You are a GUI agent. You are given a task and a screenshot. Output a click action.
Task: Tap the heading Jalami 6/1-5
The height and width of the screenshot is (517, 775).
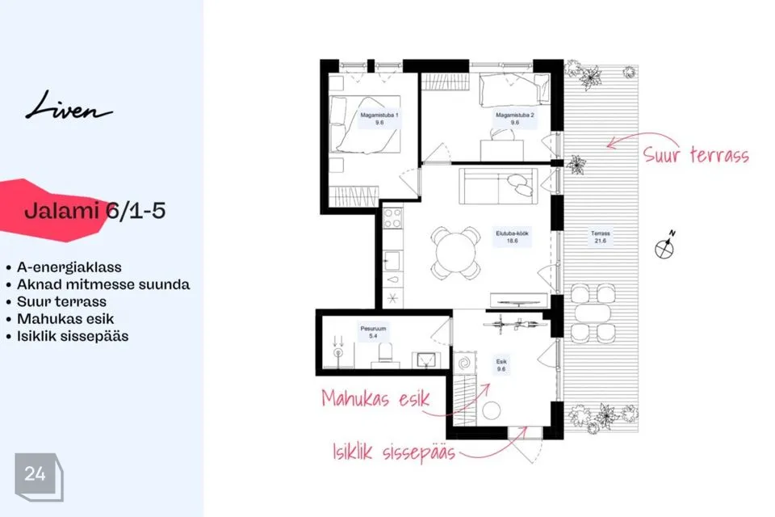(94, 211)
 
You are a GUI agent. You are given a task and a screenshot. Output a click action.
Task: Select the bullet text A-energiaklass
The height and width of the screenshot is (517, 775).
(69, 267)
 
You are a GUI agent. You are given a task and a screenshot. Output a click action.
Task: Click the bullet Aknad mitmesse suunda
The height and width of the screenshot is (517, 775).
(103, 284)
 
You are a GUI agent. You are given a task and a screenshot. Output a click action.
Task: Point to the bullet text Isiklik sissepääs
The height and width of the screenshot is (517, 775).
(73, 336)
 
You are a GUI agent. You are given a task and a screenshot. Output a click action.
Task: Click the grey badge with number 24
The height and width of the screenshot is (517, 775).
(39, 477)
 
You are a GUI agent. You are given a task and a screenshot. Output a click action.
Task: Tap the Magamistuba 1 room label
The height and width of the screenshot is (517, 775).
(379, 119)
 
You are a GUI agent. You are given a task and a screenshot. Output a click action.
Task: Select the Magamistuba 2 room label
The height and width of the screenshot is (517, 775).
(515, 119)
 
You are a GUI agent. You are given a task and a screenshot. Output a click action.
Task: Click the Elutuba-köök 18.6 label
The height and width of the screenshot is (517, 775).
(512, 237)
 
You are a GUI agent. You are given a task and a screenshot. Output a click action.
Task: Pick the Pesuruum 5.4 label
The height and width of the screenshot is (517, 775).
(373, 332)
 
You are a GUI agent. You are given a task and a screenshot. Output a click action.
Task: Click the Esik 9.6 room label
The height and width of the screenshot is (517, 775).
(501, 365)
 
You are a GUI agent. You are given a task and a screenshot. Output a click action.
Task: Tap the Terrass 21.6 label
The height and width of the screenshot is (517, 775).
(601, 237)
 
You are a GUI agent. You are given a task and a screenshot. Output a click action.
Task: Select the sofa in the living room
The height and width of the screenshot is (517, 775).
(498, 186)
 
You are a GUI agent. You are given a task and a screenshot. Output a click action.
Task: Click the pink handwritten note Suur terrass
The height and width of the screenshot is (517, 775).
(696, 155)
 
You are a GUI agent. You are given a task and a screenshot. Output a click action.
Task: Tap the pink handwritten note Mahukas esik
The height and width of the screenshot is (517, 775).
(375, 398)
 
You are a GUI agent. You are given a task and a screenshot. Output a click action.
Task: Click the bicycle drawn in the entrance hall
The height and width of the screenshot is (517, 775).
(514, 324)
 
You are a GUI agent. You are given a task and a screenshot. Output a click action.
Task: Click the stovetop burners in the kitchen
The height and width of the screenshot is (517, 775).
(393, 218)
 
